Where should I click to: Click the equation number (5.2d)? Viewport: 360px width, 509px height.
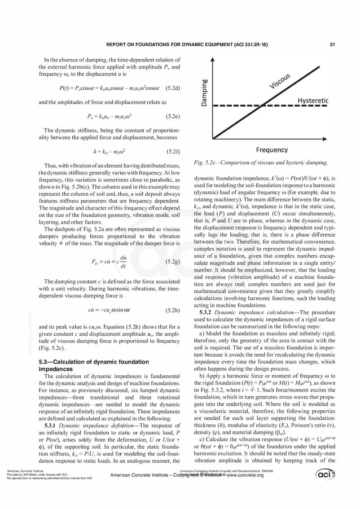click(169, 89)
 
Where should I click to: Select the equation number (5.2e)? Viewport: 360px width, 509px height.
click(169, 117)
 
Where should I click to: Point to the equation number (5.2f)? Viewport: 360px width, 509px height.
click(170, 152)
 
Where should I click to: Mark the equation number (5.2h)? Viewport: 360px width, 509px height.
click(169, 310)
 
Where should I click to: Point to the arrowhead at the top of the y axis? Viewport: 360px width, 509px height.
click(212, 57)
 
